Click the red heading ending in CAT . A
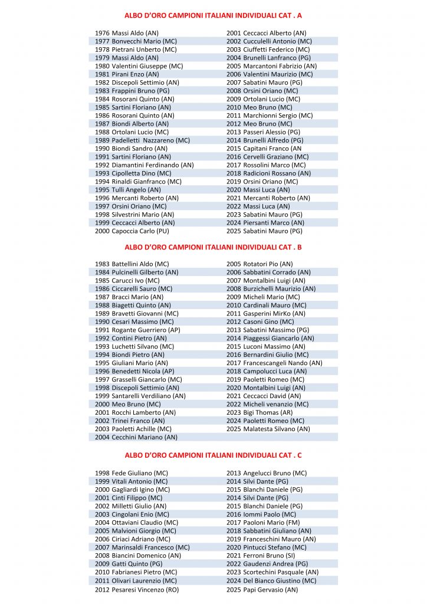pyautogui.click(x=213, y=16)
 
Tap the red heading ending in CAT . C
pyautogui.click(x=213, y=455)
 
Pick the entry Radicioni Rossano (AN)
pyautogui.click(x=268, y=173)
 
